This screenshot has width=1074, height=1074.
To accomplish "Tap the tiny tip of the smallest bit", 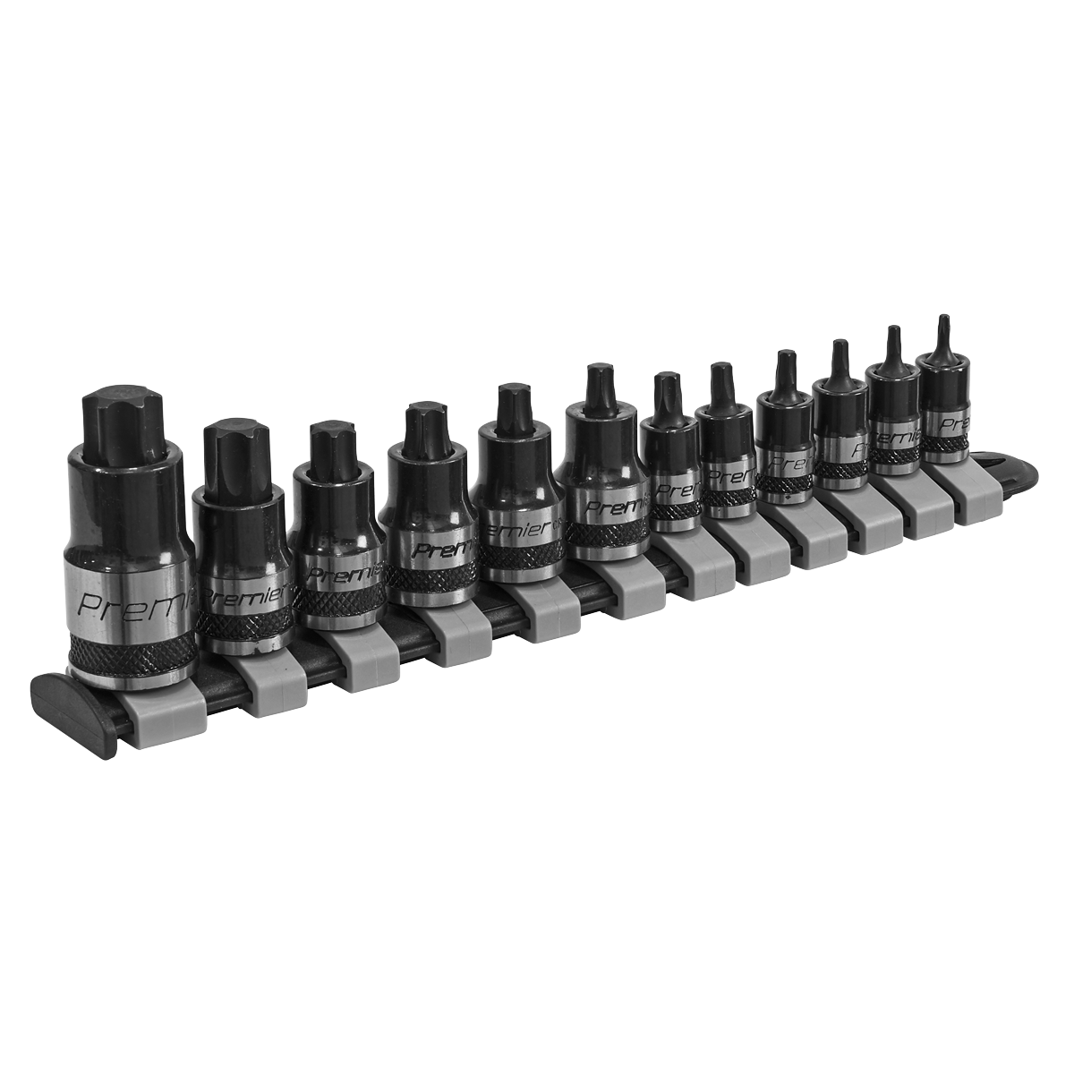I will (x=942, y=336).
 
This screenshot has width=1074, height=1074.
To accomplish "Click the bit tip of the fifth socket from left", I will (x=514, y=407).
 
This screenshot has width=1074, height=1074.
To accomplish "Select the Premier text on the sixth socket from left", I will (x=609, y=507).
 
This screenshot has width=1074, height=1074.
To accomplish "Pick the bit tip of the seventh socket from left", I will (x=668, y=397).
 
